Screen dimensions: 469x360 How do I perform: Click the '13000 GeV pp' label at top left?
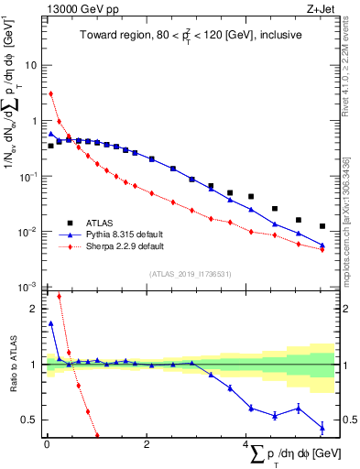(x=78, y=8)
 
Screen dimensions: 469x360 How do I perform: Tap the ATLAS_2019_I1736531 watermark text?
(x=190, y=274)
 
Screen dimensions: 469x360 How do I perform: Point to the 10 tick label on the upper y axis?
(x=31, y=66)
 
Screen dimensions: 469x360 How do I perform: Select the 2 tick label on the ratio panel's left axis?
(x=33, y=309)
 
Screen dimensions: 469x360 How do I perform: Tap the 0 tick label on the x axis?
(x=46, y=444)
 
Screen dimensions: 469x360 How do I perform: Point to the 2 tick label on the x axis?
(x=146, y=444)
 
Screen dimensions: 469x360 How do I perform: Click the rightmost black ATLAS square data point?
(x=322, y=226)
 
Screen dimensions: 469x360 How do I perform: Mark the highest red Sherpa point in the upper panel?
(x=51, y=93)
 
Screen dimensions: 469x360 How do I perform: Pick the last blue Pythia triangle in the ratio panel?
(x=322, y=428)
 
